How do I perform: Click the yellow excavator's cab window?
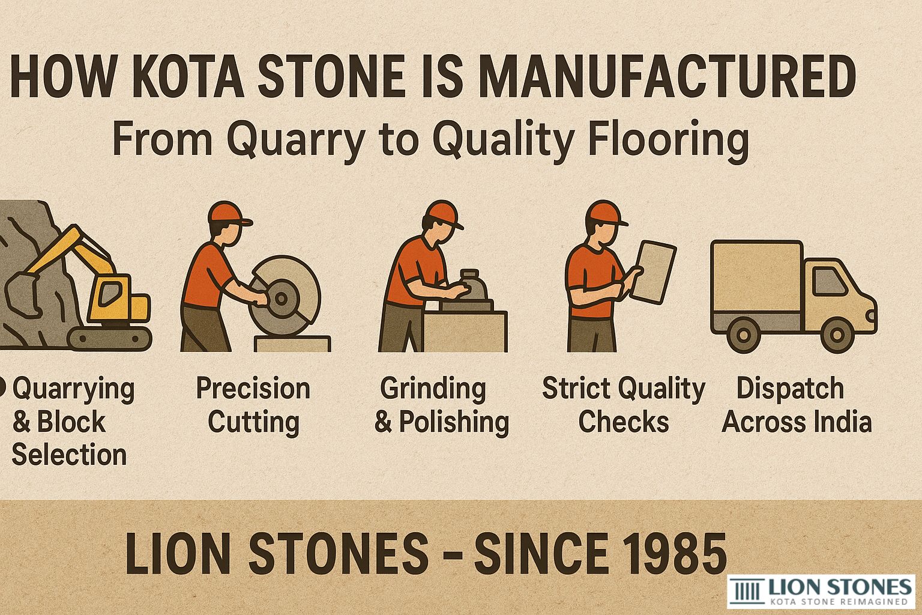[109, 294]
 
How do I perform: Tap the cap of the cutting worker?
[227, 213]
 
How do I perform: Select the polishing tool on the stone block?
[472, 288]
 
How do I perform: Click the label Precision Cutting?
[253, 405]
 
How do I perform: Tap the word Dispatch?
[789, 389]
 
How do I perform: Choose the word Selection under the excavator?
[69, 455]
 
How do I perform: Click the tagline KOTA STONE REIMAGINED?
[839, 601]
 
